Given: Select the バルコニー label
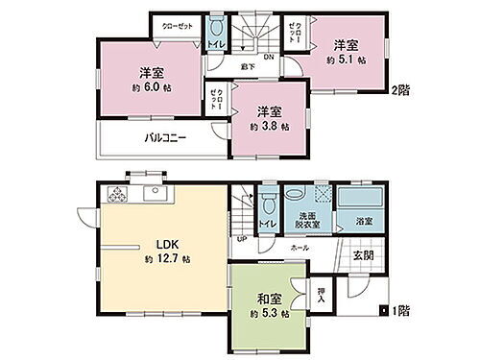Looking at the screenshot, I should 165,137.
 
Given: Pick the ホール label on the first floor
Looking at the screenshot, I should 300,247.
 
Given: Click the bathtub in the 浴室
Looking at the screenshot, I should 359,204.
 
